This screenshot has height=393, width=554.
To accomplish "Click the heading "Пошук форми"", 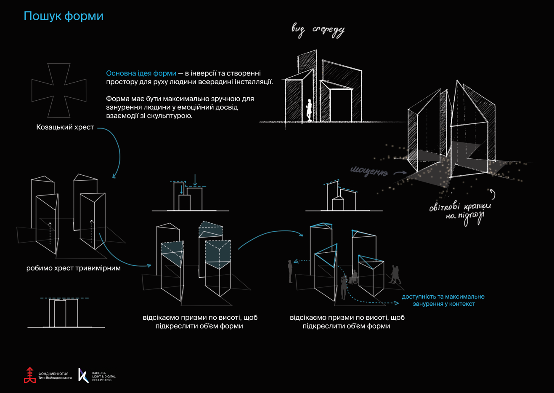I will pos(64,16).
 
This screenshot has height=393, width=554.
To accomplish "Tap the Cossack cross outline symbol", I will pos(59,90).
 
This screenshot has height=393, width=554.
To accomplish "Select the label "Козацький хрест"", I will pos(65,127).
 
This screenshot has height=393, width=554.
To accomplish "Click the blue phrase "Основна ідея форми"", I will pos(141,73).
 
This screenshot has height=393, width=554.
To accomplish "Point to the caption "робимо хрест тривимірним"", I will pos(73,268).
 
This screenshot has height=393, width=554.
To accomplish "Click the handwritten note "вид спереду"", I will pos(318,30).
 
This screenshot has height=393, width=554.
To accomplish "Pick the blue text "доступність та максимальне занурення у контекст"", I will pos(443,300).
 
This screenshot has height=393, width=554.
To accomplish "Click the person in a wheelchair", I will pos(354,278).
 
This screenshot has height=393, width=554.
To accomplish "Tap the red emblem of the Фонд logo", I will pos(29,375).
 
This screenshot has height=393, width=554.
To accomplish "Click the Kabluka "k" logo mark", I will pos(83,375).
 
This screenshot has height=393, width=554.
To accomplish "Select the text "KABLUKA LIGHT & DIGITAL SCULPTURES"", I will pos(103,377).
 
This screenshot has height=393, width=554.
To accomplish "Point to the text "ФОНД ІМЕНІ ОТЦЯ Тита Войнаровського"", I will pos(55,376).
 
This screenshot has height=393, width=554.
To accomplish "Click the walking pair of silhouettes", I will pos(395,275).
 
